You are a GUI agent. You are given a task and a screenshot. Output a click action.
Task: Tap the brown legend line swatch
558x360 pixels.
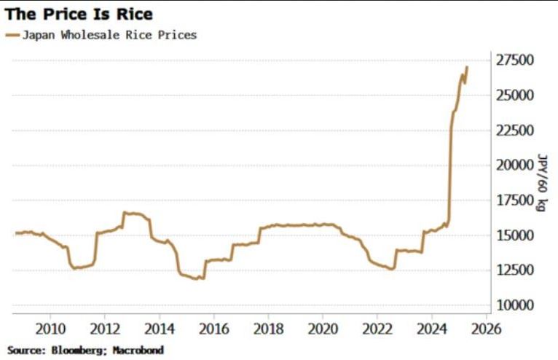(x=13, y=35)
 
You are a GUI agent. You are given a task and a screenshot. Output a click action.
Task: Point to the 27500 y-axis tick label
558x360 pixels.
(x=511, y=60)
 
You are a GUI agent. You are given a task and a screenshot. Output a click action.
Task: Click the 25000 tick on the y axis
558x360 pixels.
(x=511, y=95)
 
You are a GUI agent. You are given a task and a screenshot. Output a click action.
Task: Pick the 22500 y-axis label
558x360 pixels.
(x=511, y=130)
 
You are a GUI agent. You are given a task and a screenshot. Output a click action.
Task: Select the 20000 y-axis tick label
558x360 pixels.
(x=511, y=165)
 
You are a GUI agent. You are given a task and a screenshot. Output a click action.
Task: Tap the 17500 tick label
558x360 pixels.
(x=511, y=200)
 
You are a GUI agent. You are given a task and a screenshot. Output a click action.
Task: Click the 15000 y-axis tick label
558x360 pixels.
(x=511, y=235)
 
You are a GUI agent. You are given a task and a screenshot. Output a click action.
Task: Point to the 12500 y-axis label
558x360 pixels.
(x=511, y=270)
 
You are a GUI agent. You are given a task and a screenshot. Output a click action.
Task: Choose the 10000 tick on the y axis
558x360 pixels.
(x=511, y=305)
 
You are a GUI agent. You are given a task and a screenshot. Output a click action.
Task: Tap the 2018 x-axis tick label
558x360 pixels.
(x=268, y=329)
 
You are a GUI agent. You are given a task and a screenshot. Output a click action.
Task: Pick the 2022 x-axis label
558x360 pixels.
(x=377, y=329)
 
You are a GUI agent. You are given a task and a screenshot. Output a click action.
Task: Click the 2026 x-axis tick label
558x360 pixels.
(x=486, y=329)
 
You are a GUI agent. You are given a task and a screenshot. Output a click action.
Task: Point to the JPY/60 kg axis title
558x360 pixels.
(x=542, y=182)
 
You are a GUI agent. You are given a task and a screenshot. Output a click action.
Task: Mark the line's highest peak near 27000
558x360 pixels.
(x=467, y=67)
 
